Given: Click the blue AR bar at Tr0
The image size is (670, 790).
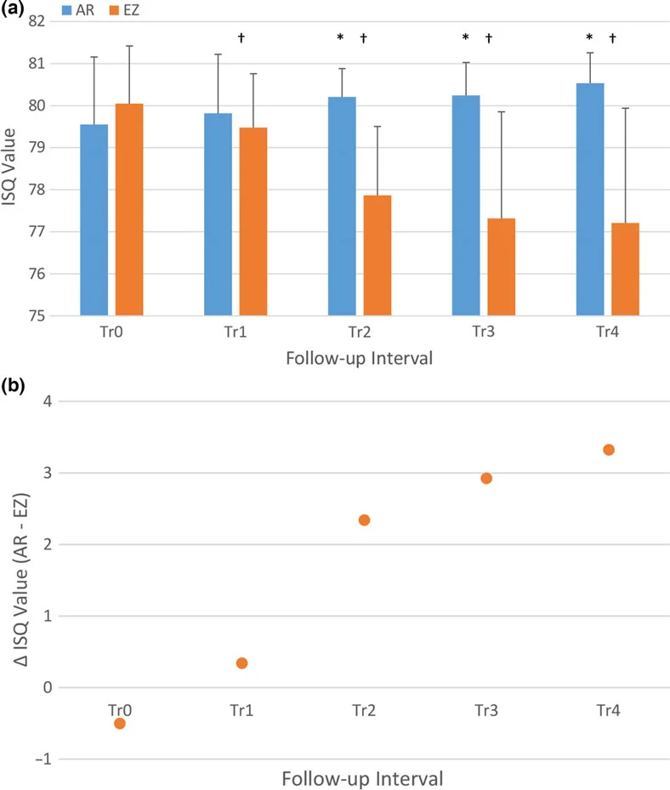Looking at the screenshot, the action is coord(94,219).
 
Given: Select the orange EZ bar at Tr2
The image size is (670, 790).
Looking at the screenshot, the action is coord(378,255).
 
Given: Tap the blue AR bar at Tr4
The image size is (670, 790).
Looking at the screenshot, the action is coord(590,200).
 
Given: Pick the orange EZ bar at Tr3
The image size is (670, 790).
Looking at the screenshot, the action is coord(502,267).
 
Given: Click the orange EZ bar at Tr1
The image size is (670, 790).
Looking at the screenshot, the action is coord(253,222).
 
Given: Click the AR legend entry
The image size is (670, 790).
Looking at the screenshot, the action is coord(77,10).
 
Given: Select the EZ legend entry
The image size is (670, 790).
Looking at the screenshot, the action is coord(124,10).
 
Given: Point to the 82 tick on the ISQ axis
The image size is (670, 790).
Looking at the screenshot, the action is coord(37,21).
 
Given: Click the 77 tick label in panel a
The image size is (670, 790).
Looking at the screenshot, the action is coord(37,232).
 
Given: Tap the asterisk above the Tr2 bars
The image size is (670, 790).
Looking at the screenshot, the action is coord(341,37).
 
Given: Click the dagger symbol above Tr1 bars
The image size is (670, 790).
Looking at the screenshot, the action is coord(241,37).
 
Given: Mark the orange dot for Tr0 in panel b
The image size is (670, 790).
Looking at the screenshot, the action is coord(119,724).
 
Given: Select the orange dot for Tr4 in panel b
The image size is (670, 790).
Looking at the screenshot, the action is coord(609,449).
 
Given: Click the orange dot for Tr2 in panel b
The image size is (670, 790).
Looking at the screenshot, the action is coord(364,520).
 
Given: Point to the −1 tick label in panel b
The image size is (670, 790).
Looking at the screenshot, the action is coord(43,759).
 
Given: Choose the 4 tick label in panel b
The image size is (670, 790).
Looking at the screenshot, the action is coord(48,401).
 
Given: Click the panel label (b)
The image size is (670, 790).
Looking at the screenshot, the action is coord(13,386).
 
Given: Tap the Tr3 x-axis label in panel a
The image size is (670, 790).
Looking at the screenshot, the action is coord(483,332).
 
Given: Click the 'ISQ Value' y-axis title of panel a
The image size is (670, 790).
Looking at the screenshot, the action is coord(9,167).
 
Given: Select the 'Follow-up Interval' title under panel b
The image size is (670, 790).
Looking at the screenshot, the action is coord(362,778).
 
